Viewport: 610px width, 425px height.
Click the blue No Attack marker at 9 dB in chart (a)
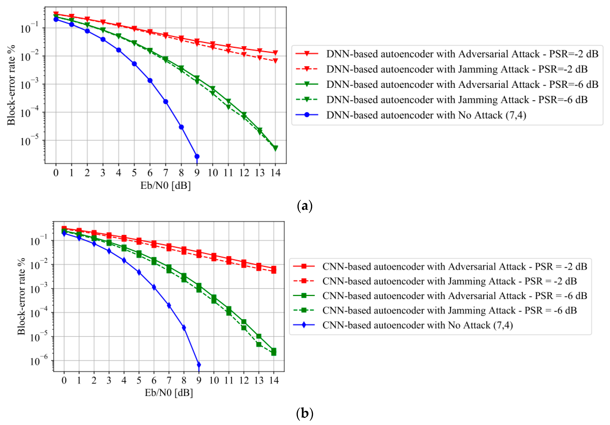tap(197, 156)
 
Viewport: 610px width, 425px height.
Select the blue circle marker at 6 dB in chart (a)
tap(150, 80)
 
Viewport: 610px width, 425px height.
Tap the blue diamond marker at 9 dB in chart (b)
tap(199, 365)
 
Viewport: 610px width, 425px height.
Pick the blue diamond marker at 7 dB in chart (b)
tap(169, 305)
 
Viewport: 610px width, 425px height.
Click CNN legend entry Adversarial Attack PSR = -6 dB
tap(454, 296)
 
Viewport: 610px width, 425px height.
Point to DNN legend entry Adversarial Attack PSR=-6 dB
tap(462, 84)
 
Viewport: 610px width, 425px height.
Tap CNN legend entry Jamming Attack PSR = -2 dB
tap(449, 281)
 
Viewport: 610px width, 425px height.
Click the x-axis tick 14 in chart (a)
tap(275, 173)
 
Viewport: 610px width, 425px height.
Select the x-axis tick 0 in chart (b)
tap(64, 380)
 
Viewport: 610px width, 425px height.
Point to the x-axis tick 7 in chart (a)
tap(166, 173)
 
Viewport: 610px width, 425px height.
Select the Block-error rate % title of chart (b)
tap(21, 296)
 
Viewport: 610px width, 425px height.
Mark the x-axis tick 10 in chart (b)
tap(214, 380)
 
